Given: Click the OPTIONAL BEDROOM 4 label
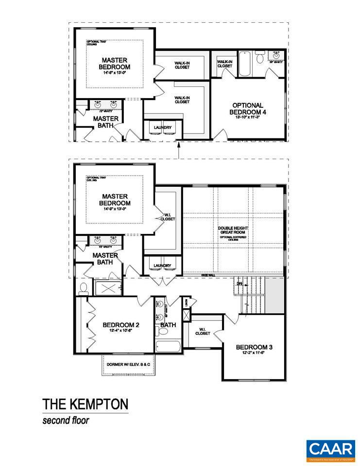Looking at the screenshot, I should tap(247, 108).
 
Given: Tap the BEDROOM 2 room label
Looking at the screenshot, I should tap(121, 325).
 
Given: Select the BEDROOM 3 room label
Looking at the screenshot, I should tap(254, 347).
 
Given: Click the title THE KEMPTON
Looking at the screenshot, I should tap(85, 404).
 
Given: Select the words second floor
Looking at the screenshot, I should tap(66, 420).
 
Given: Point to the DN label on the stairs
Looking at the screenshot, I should tap(239, 283).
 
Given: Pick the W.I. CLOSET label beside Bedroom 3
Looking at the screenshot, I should tap(203, 332).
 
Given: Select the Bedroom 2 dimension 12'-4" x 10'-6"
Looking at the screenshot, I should tap(121, 332).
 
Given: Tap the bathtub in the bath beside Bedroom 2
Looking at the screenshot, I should tap(168, 347).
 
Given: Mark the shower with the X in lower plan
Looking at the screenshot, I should tap(107, 288).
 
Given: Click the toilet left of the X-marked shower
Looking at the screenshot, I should tap(83, 288).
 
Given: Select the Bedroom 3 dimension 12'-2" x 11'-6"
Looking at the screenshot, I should tap(254, 353).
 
